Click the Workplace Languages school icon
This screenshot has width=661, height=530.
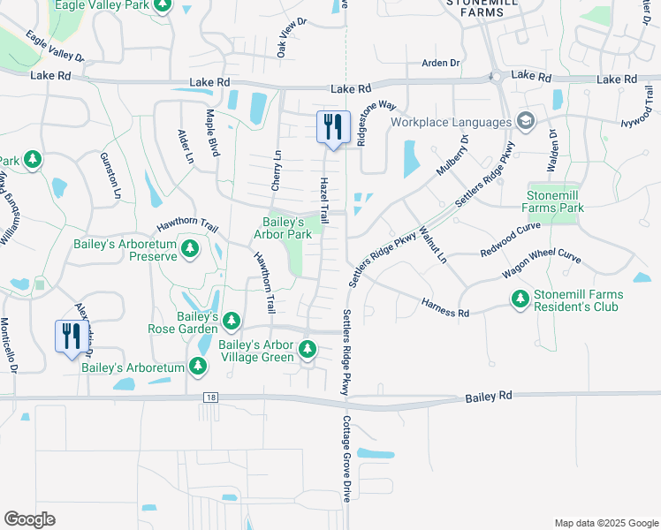[x=525, y=121]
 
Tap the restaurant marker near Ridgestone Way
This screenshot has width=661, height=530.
[x=333, y=127]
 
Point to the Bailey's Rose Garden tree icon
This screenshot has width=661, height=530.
[x=231, y=320]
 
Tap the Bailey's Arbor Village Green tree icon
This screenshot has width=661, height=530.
[x=308, y=349]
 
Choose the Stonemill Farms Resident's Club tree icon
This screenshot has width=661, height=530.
[x=521, y=300]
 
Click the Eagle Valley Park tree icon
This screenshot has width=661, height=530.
[x=161, y=6]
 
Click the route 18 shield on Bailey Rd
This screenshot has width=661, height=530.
[x=209, y=397]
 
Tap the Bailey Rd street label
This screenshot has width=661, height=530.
[x=489, y=398]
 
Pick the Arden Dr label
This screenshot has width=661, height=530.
[x=441, y=63]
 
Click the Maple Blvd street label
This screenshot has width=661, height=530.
[x=212, y=132]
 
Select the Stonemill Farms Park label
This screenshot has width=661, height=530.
[x=556, y=201]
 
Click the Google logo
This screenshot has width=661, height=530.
[x=29, y=519]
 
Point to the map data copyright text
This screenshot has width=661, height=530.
[x=605, y=522]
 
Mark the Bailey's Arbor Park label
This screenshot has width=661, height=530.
[x=282, y=228]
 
